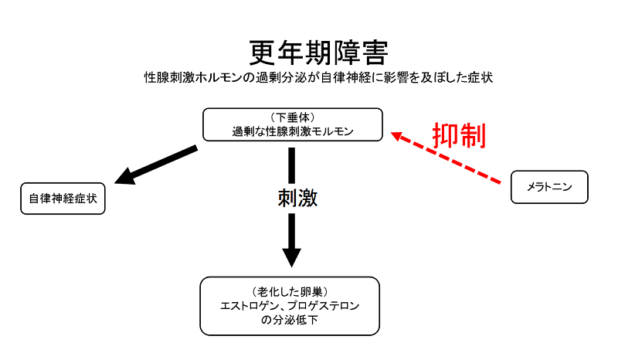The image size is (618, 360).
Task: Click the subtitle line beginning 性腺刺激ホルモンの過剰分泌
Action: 319,78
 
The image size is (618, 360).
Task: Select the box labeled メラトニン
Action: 550,187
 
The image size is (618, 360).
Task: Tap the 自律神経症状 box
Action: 63,199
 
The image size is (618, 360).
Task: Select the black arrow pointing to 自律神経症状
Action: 158,165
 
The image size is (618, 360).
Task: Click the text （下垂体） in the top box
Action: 293,117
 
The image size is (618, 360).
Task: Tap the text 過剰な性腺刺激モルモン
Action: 293,131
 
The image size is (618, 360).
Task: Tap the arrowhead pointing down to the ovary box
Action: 291,256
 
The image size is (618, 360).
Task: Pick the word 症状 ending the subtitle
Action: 481,78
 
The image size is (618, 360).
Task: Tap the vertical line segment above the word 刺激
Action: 292,163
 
